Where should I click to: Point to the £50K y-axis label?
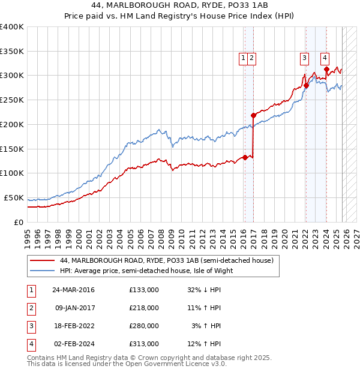14,197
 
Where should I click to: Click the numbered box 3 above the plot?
304,58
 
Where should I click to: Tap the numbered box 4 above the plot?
325,58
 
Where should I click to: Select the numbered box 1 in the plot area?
244,58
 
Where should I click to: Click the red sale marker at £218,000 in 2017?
253,115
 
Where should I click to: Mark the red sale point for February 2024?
326,69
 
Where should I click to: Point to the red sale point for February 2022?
306,85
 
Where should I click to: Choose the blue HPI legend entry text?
146,271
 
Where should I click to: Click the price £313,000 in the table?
144,344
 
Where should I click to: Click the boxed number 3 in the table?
31,326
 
